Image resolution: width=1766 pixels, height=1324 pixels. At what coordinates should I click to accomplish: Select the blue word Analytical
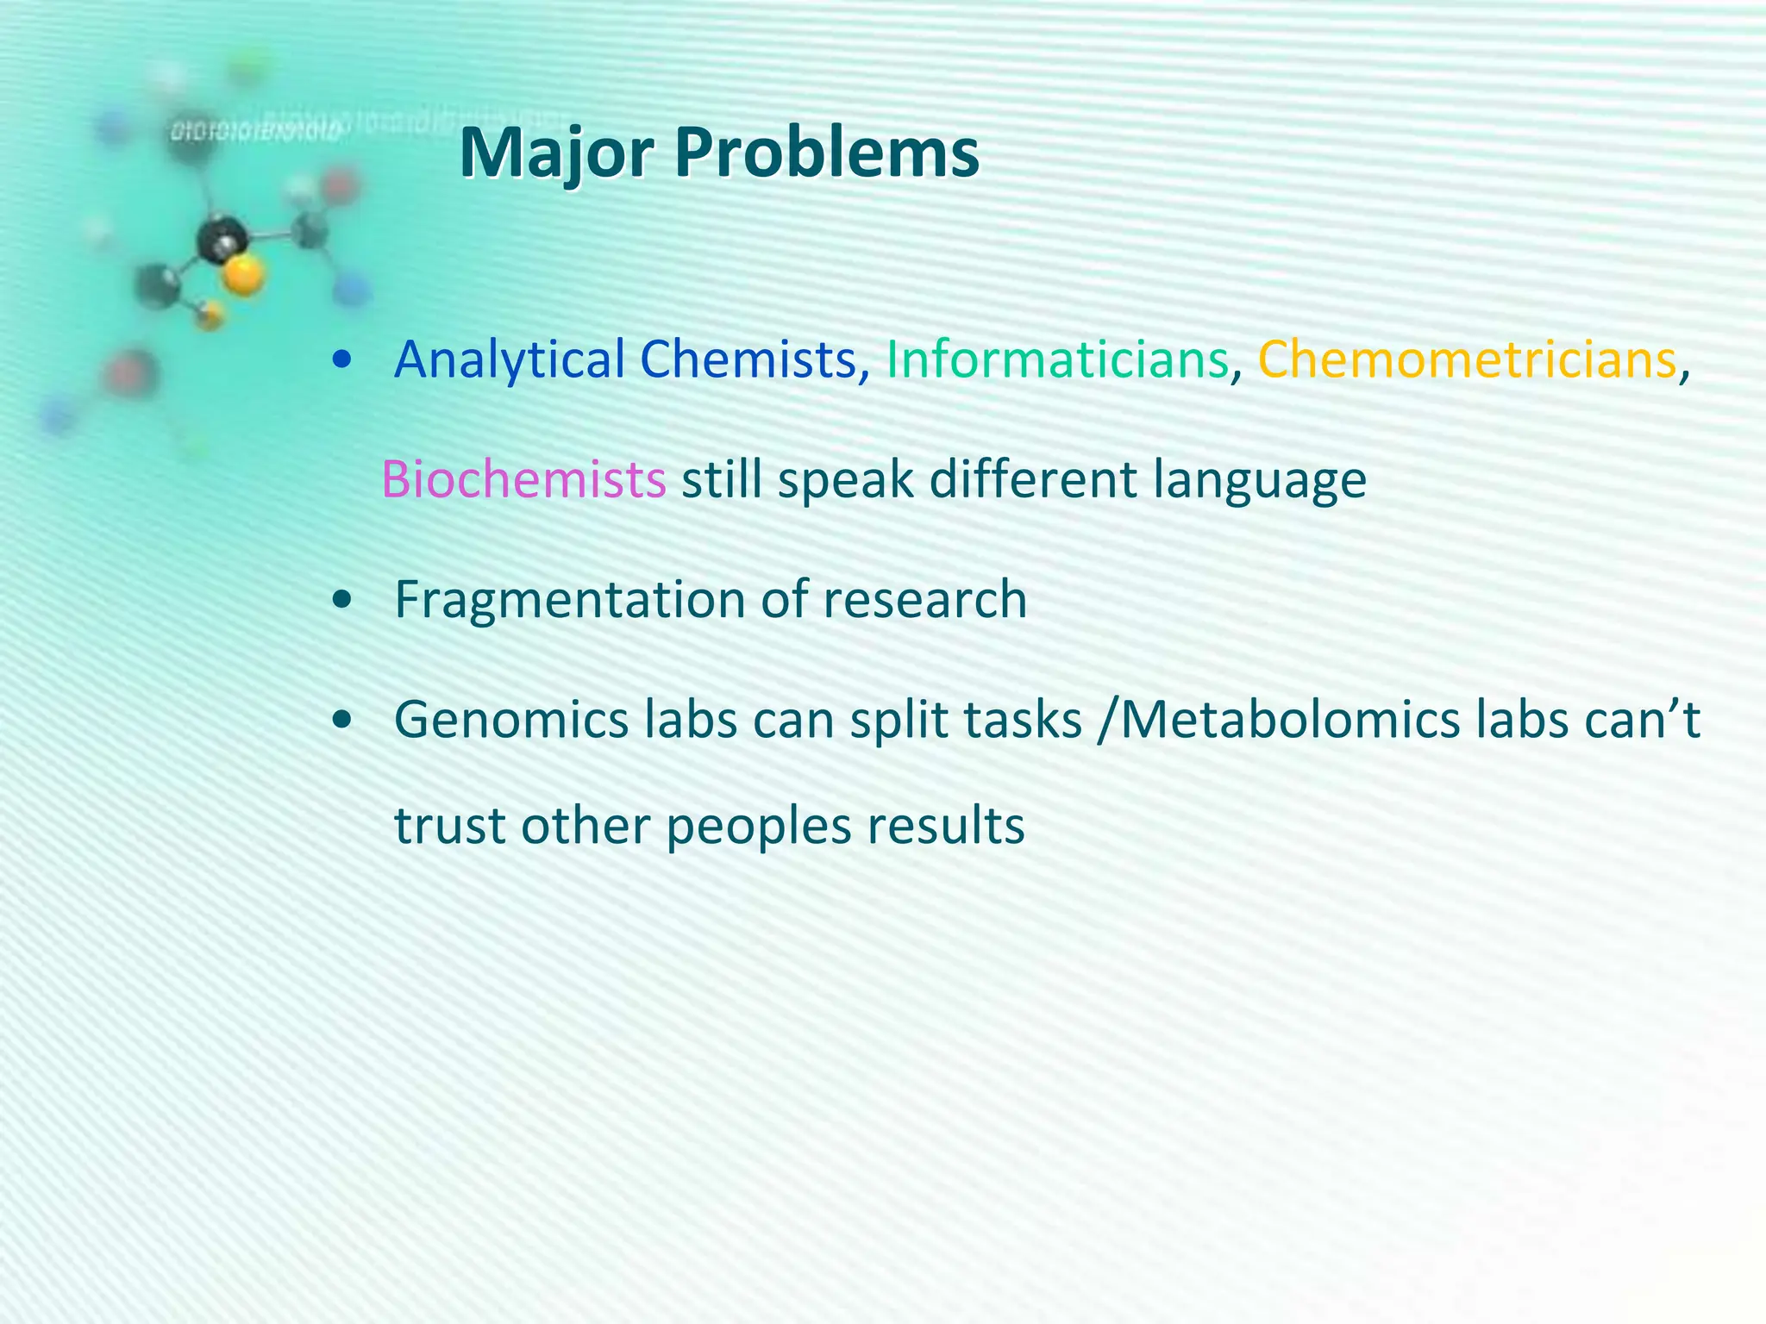coord(509,360)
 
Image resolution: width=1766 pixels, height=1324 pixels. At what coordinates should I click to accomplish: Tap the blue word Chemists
coord(747,360)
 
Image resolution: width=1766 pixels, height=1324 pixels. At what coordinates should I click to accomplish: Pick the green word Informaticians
coord(1057,360)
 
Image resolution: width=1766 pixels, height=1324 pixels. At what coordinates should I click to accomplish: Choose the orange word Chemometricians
coord(1467,360)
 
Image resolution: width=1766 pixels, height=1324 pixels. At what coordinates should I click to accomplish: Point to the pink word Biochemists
coord(523,480)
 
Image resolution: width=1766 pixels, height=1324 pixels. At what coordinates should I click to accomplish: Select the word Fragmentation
coord(569,601)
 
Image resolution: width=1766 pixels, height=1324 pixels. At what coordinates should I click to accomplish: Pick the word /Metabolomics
coord(1279,721)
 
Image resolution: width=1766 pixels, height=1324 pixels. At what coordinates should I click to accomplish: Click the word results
coord(945,826)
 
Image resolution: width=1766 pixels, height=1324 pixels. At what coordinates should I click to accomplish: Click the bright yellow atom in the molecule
coord(244,276)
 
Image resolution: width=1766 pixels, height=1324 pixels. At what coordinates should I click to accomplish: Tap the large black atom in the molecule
coord(222,239)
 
